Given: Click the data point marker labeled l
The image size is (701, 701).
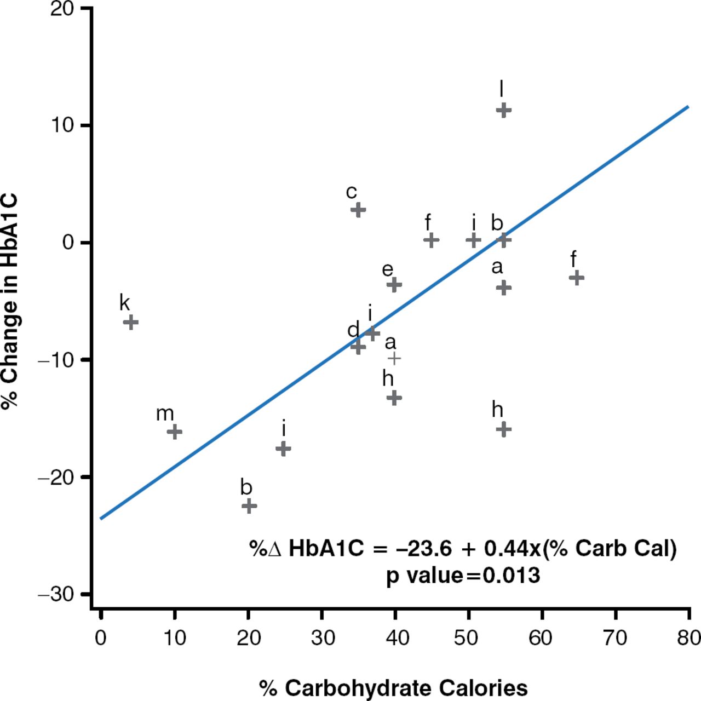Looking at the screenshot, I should [x=503, y=110].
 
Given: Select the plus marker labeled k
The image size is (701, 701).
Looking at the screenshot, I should [x=130, y=322].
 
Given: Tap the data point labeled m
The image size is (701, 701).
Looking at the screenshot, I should [x=174, y=432].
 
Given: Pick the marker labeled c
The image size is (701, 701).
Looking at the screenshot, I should [x=358, y=210].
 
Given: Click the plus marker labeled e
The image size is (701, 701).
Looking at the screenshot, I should [x=394, y=284].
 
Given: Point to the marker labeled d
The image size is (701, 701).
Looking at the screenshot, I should [x=358, y=347].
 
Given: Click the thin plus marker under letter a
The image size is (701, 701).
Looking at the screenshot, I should [x=394, y=358].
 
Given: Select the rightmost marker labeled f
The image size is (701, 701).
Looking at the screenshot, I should [x=576, y=278].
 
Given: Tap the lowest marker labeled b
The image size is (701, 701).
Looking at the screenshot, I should [x=249, y=505].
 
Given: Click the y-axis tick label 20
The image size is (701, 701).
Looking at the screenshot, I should [x=62, y=9].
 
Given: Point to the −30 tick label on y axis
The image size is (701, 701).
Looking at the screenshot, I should [x=56, y=595].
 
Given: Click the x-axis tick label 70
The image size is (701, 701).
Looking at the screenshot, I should [x=615, y=638].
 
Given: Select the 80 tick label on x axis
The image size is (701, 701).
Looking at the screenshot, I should [x=688, y=638].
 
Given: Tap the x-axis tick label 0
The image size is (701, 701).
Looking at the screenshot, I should [x=100, y=638].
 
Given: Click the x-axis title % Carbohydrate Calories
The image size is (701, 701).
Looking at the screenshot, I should [x=393, y=688].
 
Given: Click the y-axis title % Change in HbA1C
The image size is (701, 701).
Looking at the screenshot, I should [x=10, y=301].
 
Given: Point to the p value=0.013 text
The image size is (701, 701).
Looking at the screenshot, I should [x=463, y=576].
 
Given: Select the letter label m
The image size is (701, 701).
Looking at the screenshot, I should [x=165, y=414].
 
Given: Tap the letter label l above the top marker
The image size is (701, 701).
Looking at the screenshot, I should [x=501, y=88].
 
